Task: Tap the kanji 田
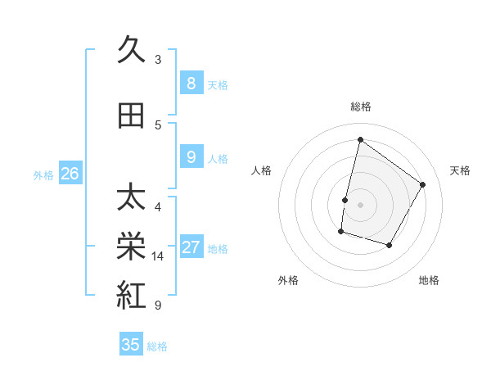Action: pyautogui.click(x=131, y=115)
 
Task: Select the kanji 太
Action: pyautogui.click(x=131, y=199)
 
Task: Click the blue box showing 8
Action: pyautogui.click(x=191, y=84)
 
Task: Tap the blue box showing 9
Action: pyautogui.click(x=191, y=157)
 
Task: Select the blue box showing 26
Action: pyautogui.click(x=70, y=174)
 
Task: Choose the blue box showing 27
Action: pyautogui.click(x=191, y=248)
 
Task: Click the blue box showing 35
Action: pyautogui.click(x=131, y=345)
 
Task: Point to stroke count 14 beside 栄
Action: pyautogui.click(x=158, y=256)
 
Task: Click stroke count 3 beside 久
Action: pyautogui.click(x=158, y=60)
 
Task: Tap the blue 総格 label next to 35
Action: pyautogui.click(x=157, y=346)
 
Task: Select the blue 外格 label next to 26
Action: pyautogui.click(x=43, y=175)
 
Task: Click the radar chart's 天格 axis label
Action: pyautogui.click(x=460, y=170)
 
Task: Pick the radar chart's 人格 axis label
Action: pyautogui.click(x=261, y=170)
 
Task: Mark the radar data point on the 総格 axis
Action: pyautogui.click(x=360, y=140)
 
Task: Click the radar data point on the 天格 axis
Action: pyautogui.click(x=422, y=184)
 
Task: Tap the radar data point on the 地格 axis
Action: pyautogui.click(x=390, y=245)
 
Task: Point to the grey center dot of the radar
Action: pyautogui.click(x=360, y=204)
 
